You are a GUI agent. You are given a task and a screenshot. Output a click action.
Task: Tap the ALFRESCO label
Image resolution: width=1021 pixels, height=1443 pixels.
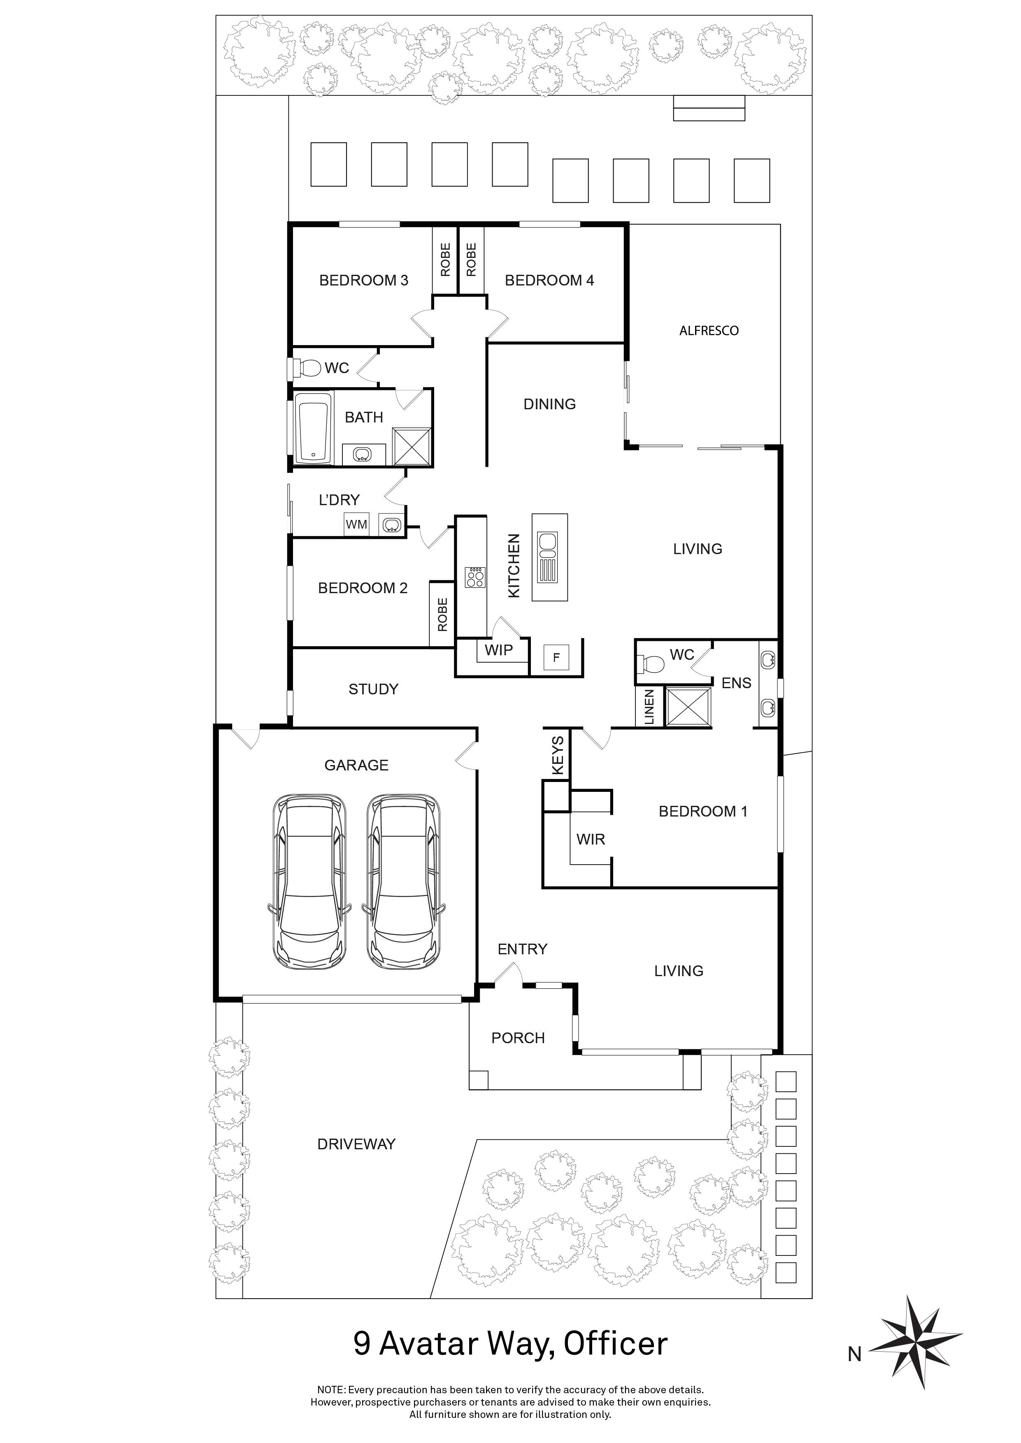pyautogui.click(x=709, y=331)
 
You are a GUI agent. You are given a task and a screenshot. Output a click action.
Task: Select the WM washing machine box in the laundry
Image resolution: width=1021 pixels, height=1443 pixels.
pyautogui.click(x=356, y=524)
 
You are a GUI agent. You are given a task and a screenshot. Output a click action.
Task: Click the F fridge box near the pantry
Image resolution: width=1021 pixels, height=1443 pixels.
pyautogui.click(x=556, y=657)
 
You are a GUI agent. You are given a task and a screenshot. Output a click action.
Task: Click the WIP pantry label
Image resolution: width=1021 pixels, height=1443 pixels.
pyautogui.click(x=498, y=650)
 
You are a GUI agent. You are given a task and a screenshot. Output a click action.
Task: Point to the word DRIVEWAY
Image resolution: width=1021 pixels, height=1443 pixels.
pyautogui.click(x=356, y=1144)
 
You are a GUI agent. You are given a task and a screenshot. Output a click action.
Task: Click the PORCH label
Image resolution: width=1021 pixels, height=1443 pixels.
pyautogui.click(x=518, y=1038)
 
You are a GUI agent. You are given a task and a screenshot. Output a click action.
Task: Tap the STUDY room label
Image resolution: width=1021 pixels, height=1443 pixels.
pyautogui.click(x=373, y=689)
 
